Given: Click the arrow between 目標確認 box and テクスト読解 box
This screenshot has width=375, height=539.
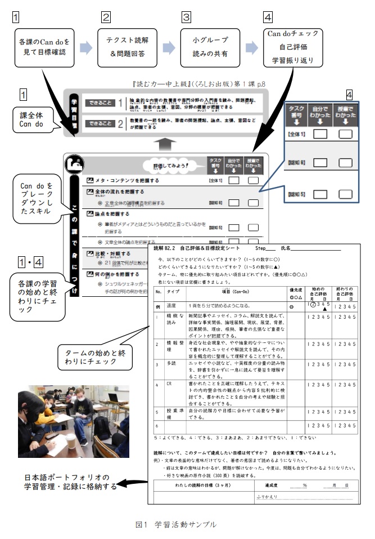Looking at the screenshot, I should pos(87,47).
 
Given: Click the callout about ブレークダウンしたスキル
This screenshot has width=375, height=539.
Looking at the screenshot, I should pos(37,199).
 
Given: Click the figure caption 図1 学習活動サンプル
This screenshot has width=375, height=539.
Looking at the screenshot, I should pos(175,524).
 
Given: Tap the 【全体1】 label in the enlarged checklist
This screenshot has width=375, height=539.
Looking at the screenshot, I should pos(297,134).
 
